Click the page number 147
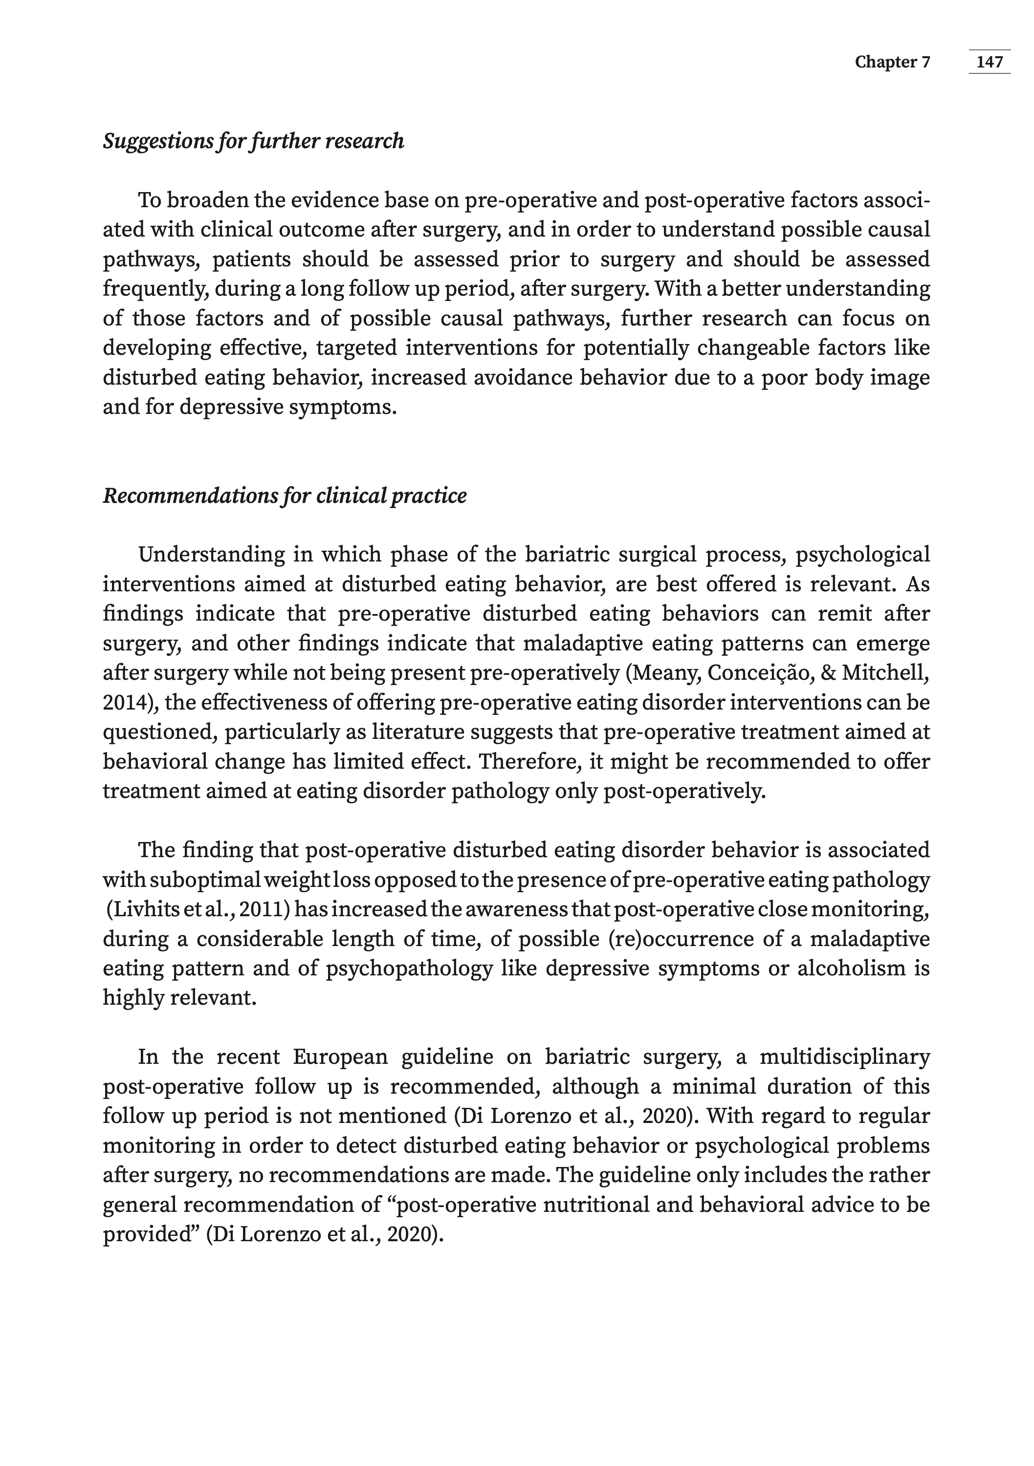click(x=990, y=62)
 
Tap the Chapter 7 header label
click(x=892, y=62)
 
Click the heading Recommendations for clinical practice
click(x=285, y=496)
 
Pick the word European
click(x=340, y=1056)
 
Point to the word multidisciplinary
click(x=844, y=1056)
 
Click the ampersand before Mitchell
click(x=830, y=673)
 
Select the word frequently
click(x=154, y=289)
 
